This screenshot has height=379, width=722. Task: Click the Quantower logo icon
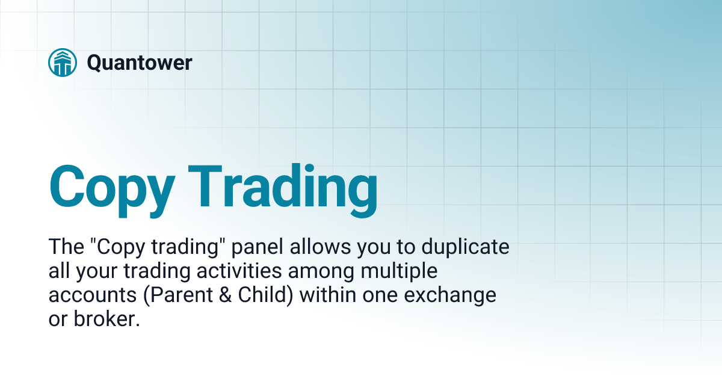click(62, 62)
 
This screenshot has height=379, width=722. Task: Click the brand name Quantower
click(139, 63)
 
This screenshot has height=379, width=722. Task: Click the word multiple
click(398, 271)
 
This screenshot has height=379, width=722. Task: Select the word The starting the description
click(64, 247)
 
